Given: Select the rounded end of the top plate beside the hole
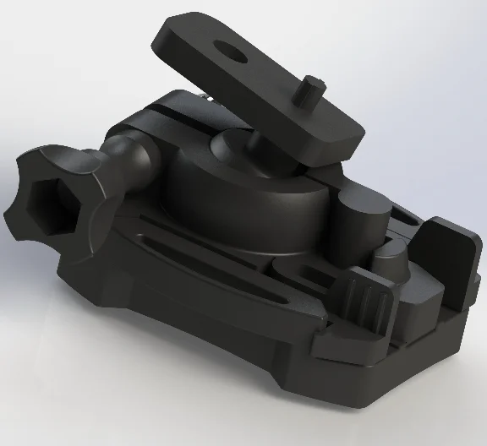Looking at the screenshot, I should (182, 38).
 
